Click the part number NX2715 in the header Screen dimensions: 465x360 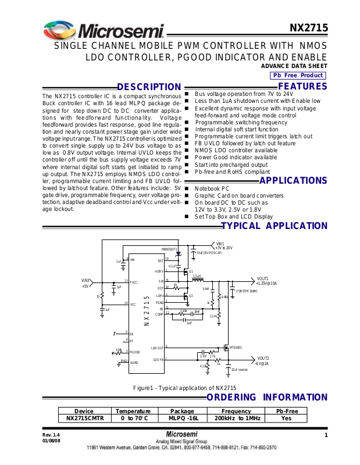[309, 28]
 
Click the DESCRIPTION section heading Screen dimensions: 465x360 [149, 87]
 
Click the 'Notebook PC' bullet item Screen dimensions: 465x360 [212, 189]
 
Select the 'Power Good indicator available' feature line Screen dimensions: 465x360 [236, 157]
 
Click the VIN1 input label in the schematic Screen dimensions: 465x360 [220, 244]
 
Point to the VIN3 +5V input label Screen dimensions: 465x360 [86, 283]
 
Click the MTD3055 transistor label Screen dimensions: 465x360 [236, 347]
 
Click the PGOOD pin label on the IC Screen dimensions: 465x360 [134, 352]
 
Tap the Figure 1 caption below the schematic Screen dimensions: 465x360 [184, 388]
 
